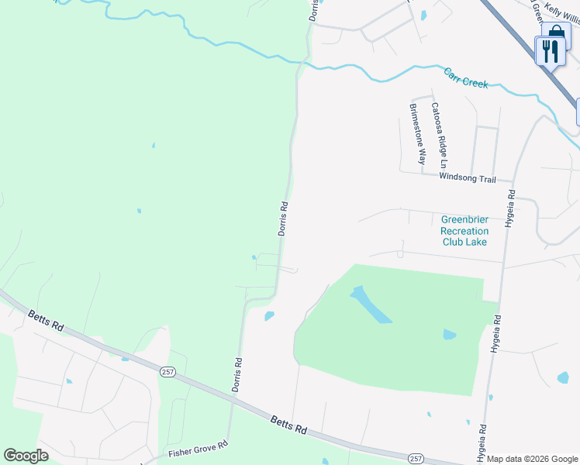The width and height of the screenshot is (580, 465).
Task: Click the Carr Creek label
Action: (x=466, y=78)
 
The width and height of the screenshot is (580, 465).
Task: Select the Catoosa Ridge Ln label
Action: (x=439, y=136)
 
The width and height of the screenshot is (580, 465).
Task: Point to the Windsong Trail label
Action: (x=467, y=178)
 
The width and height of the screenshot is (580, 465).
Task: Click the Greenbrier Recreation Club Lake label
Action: (x=464, y=230)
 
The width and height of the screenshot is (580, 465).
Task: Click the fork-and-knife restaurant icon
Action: (x=550, y=52)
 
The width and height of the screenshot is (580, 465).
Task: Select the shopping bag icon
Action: (x=557, y=35)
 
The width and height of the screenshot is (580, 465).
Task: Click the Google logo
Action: (x=26, y=455)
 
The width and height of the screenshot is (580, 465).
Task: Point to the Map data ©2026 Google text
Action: (x=533, y=459)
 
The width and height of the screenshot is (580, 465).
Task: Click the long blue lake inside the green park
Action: (x=370, y=305)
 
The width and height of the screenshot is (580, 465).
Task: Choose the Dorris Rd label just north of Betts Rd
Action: (x=237, y=373)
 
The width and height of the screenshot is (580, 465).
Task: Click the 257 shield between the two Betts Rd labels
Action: (x=168, y=373)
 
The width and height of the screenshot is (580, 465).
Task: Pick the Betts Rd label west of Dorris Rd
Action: (x=46, y=321)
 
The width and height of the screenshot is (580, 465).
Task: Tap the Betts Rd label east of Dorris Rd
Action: (x=289, y=425)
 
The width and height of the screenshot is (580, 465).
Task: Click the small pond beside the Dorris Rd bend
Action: (x=269, y=315)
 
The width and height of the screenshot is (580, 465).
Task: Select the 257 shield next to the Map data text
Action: (x=416, y=459)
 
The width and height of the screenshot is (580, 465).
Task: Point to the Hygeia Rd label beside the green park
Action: (x=495, y=334)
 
